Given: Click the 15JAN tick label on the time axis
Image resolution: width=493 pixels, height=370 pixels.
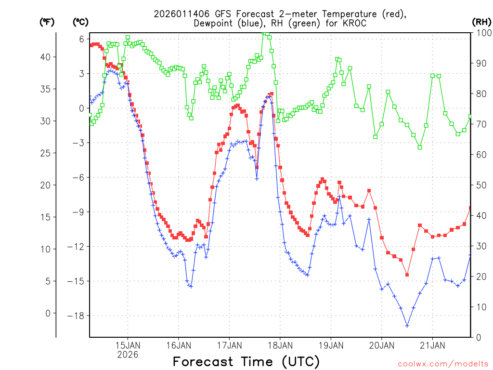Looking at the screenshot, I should [x=128, y=345].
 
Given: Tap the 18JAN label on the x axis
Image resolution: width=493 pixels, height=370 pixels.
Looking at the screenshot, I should [x=280, y=345].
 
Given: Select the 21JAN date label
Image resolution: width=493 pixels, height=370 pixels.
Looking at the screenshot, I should [x=432, y=345].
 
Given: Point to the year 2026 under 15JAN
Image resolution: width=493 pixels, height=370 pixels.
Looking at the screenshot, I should [x=128, y=355].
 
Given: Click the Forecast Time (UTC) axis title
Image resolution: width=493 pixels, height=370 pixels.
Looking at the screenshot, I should [x=246, y=361].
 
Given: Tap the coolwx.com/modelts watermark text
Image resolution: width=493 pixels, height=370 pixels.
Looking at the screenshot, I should [x=442, y=364].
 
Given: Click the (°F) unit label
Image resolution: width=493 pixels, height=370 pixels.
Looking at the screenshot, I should [x=47, y=22].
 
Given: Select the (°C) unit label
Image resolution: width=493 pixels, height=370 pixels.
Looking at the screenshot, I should [x=80, y=22].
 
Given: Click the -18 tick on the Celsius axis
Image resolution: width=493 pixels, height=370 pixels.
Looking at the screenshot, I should [x=78, y=316].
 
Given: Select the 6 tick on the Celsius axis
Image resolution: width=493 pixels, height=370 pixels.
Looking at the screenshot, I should [x=82, y=39].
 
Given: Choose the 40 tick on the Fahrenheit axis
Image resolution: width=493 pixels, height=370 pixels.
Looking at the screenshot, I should [x=45, y=57].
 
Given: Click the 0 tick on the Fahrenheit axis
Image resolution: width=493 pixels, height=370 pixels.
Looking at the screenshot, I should [x=48, y=313].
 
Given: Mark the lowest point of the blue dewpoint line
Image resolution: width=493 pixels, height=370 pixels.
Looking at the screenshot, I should [x=407, y=326].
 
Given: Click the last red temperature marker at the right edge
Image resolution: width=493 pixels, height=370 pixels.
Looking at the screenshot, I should [x=470, y=208].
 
